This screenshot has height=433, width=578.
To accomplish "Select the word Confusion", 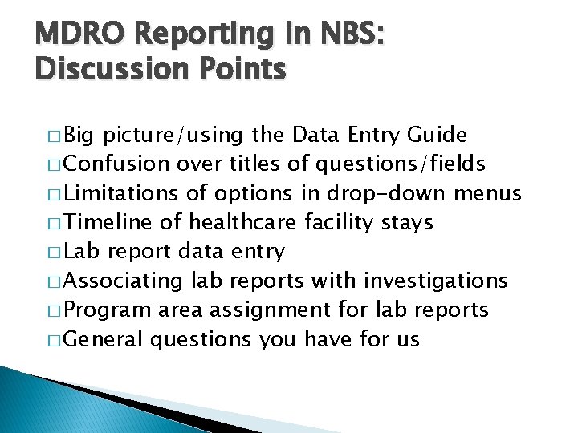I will [116, 164].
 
